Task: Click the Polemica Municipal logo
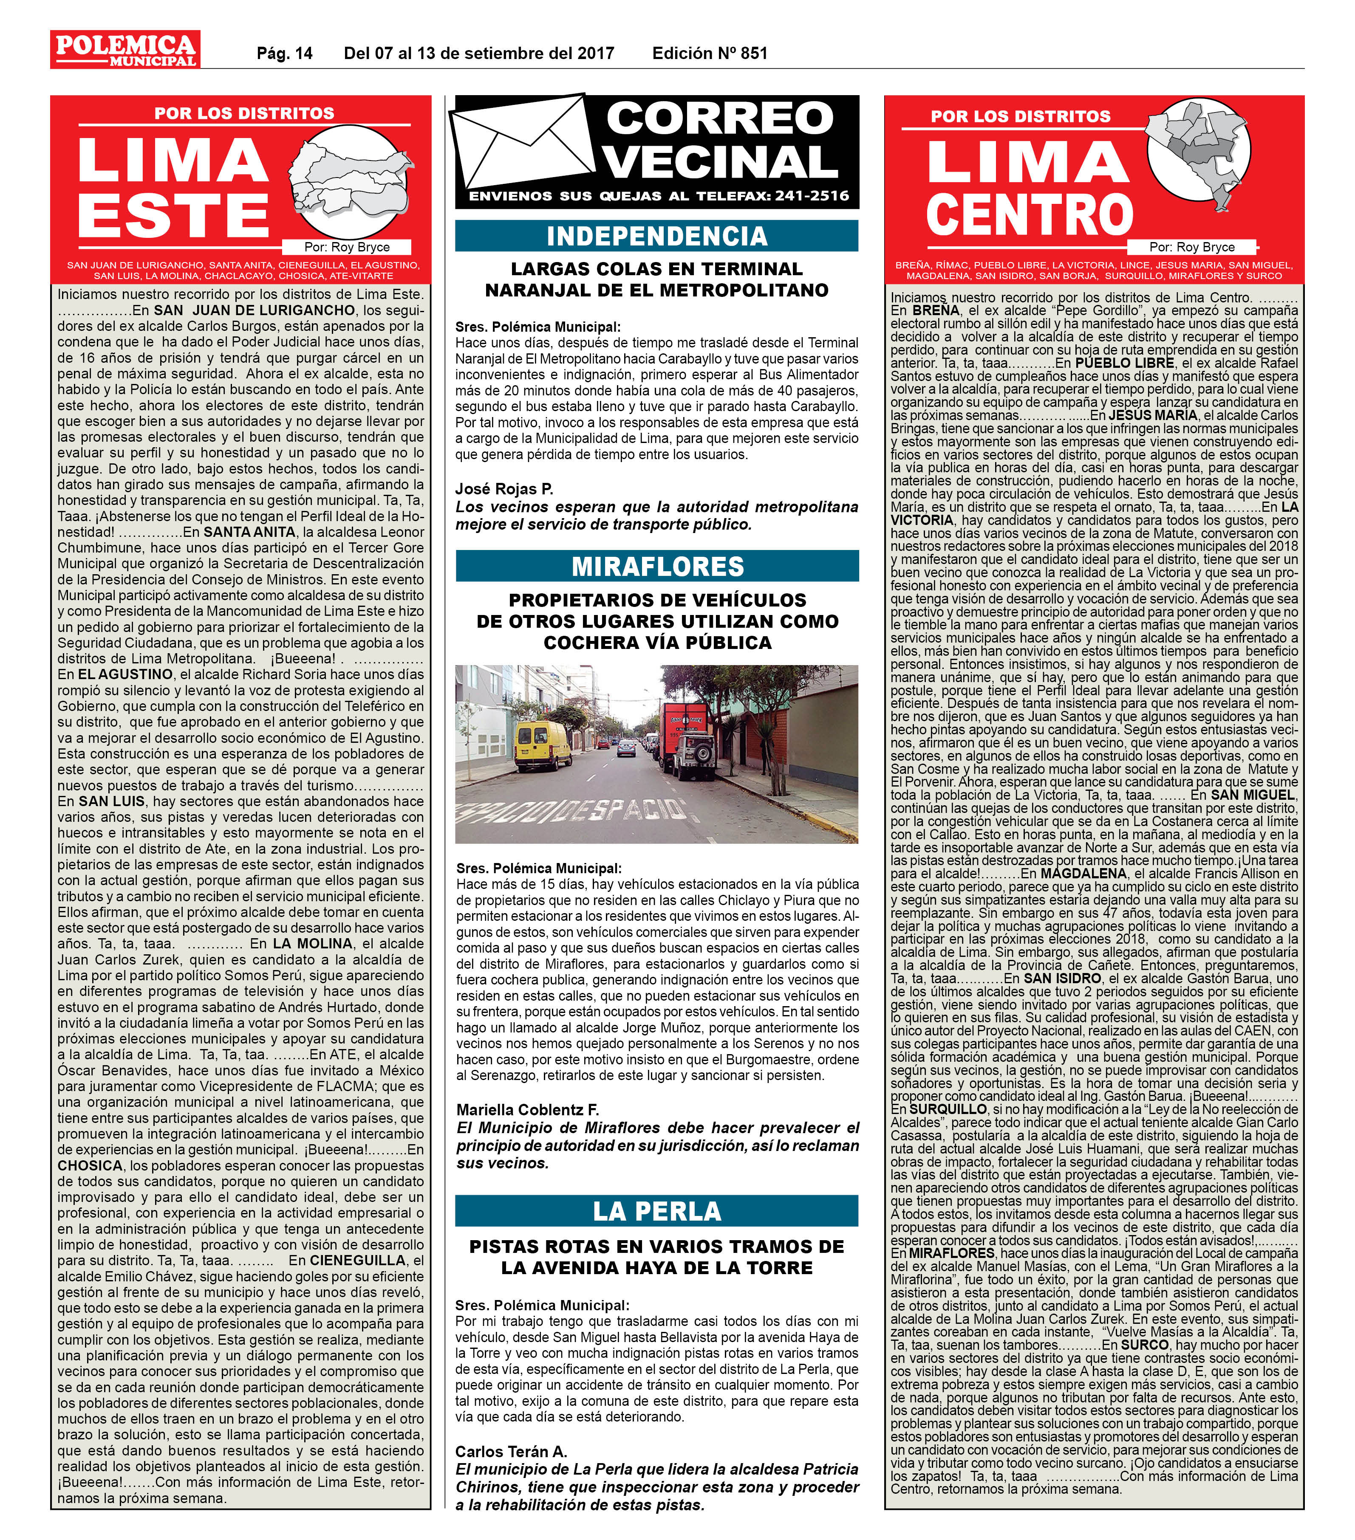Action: click(125, 50)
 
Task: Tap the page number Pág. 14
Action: click(284, 54)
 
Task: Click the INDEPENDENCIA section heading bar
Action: click(656, 236)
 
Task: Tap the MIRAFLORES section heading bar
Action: click(656, 566)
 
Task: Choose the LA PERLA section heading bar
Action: click(656, 1211)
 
